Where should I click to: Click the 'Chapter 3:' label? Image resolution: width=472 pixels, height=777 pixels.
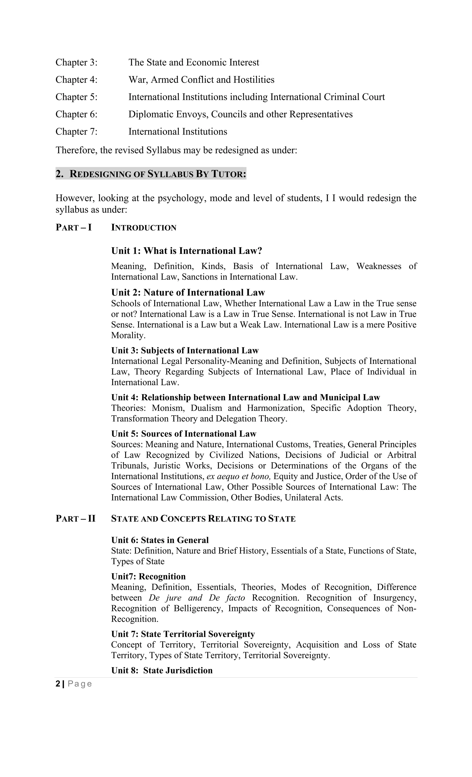tap(76, 62)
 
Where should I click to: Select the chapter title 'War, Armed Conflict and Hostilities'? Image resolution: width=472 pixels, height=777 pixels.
tap(201, 80)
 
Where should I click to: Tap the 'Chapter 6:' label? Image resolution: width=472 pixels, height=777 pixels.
tap(76, 114)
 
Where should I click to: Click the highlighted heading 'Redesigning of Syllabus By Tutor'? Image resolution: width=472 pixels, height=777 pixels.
tap(151, 174)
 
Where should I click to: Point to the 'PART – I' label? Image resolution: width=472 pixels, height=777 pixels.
tap(74, 227)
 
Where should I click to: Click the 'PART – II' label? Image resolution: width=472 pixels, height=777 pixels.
tap(75, 519)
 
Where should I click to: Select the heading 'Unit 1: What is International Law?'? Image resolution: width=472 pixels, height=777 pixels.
tap(186, 251)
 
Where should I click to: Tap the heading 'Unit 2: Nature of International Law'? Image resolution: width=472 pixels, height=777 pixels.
tap(188, 293)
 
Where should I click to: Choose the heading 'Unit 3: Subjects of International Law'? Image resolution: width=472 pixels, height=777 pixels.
tap(185, 350)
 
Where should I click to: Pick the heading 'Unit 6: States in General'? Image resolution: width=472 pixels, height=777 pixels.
tap(160, 540)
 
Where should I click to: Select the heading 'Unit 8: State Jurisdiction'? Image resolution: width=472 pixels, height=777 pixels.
tap(162, 670)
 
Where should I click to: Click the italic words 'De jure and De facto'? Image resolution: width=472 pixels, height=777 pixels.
tap(197, 598)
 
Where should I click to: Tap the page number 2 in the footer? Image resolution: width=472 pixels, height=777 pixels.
tap(58, 684)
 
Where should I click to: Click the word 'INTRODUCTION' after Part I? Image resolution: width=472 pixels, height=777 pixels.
tap(144, 228)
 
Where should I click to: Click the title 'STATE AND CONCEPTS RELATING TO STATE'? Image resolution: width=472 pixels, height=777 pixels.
tap(203, 519)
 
